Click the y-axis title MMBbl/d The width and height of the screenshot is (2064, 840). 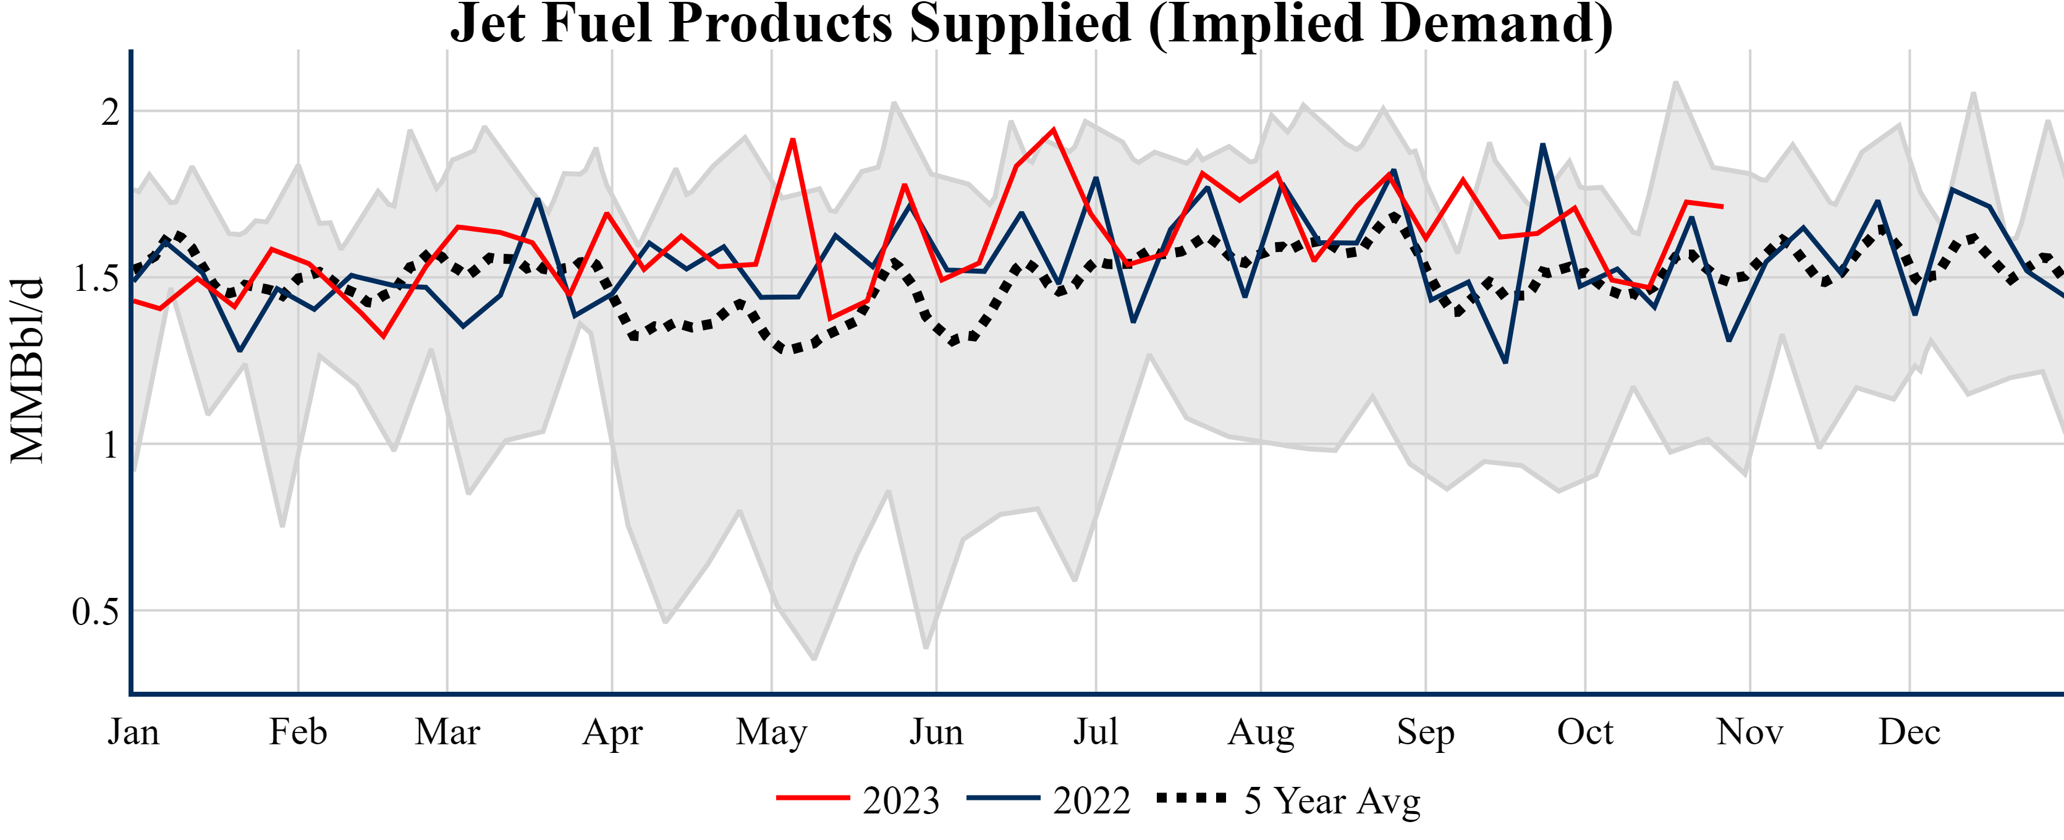pyautogui.click(x=27, y=370)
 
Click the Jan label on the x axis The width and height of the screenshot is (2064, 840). pyautogui.click(x=134, y=732)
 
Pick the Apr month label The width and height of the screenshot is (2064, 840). pyautogui.click(x=612, y=732)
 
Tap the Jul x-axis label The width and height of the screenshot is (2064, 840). pyautogui.click(x=1095, y=732)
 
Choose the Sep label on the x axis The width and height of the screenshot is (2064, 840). pyautogui.click(x=1426, y=732)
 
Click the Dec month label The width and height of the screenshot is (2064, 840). pyautogui.click(x=1910, y=732)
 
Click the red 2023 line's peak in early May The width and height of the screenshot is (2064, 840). pyautogui.click(x=792, y=140)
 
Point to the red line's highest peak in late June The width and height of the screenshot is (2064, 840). pyautogui.click(x=1053, y=129)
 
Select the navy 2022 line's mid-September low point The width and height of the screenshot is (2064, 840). pyautogui.click(x=1505, y=362)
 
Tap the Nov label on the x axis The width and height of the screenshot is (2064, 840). pyautogui.click(x=1750, y=732)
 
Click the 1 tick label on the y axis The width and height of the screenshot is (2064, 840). pyautogui.click(x=111, y=445)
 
